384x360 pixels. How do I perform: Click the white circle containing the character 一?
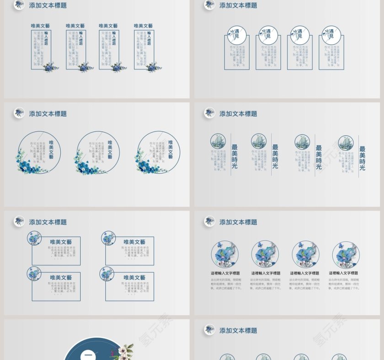[x=88, y=355]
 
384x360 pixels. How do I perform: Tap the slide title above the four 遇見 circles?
[x=238, y=5]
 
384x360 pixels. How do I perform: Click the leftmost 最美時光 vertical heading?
[x=235, y=156]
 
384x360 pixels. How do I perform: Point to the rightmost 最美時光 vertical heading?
[x=362, y=158]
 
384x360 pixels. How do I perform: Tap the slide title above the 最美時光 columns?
[x=238, y=114]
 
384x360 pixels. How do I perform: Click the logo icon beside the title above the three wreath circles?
[x=19, y=113]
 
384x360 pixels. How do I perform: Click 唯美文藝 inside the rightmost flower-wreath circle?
[x=171, y=149]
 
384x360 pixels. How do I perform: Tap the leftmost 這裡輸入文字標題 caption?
[x=225, y=273]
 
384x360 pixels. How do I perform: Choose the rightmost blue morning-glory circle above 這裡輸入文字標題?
[x=346, y=254]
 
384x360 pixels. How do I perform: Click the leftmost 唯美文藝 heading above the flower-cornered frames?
[x=41, y=26]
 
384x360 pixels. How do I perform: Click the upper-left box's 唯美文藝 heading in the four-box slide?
[x=61, y=242]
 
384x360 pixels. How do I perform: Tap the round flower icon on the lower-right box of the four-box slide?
[x=107, y=274]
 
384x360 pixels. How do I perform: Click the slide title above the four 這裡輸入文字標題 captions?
[x=238, y=222]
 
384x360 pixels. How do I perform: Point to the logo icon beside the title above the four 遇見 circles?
[x=209, y=5]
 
